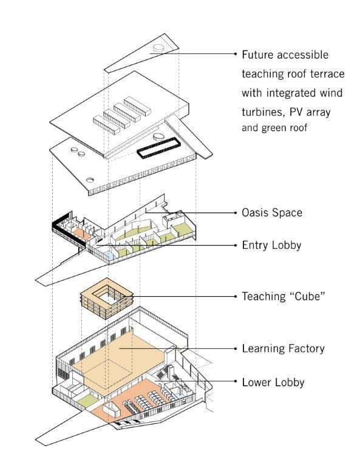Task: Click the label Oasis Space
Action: pos(271,213)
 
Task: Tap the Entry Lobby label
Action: pos(271,245)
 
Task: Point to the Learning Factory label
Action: pos(283,348)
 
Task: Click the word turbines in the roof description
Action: pos(262,113)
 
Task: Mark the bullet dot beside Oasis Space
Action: pos(235,213)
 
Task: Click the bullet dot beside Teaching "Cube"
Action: pos(235,297)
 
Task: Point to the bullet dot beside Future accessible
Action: pos(235,55)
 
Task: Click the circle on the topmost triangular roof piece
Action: pos(159,47)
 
